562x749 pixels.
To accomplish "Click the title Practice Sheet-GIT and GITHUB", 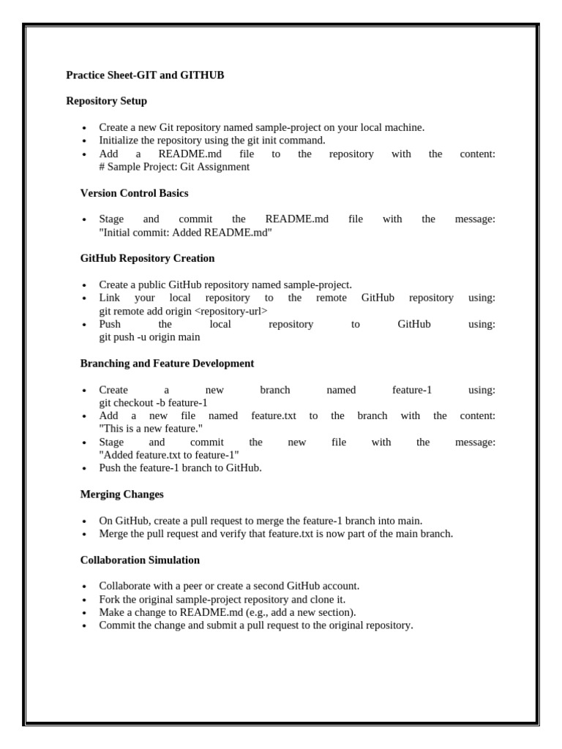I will [x=145, y=75].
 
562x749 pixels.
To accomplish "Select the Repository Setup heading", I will [x=106, y=101].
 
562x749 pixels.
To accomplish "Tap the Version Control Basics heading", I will [x=134, y=193].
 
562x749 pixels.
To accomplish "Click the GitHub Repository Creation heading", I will [x=147, y=258].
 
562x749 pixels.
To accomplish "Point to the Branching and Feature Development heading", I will [x=167, y=364].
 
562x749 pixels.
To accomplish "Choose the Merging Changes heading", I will [x=121, y=494].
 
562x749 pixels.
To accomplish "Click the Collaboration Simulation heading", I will [x=140, y=560].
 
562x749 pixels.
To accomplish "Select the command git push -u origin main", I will [x=149, y=337].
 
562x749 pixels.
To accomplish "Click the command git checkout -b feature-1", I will [x=153, y=403].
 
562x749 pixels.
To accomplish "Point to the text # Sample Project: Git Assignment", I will [x=174, y=167].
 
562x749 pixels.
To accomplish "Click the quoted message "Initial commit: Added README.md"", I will [x=185, y=233].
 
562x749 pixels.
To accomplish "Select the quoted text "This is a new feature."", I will [x=151, y=429].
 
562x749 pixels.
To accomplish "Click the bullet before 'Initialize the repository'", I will [x=85, y=141].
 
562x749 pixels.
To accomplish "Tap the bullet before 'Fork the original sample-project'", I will [x=85, y=600].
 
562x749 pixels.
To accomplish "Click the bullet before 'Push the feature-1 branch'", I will [x=85, y=469].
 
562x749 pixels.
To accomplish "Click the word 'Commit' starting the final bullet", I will [x=116, y=625].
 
